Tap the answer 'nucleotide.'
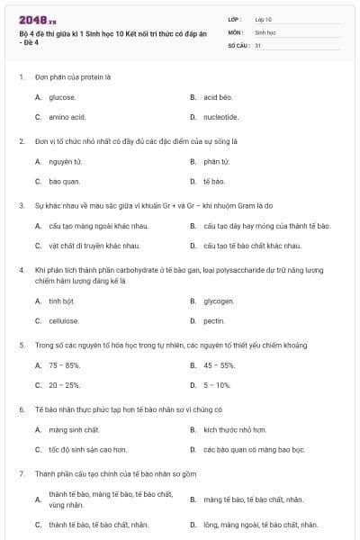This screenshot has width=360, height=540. click(x=220, y=117)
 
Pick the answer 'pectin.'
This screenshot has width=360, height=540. click(x=214, y=320)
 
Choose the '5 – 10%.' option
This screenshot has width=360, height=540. click(x=217, y=385)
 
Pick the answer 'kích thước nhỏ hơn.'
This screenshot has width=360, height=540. click(x=234, y=430)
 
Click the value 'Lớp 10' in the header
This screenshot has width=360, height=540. click(x=264, y=18)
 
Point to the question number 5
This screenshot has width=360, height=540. click(x=22, y=346)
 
